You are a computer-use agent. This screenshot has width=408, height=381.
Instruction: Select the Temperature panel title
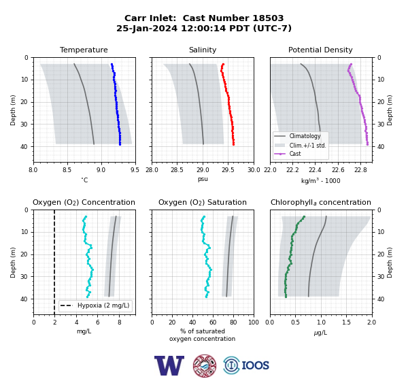click(84, 50)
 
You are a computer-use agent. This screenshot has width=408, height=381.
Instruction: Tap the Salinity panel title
click(203, 50)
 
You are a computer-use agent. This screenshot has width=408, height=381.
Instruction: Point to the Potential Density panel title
click(320, 50)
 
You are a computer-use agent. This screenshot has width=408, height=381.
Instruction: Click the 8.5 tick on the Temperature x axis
click(67, 170)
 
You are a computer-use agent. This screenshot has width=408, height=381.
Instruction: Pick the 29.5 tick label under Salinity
click(228, 170)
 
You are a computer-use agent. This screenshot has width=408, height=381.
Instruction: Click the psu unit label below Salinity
click(203, 179)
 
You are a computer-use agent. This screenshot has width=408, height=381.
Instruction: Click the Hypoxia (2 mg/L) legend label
click(103, 305)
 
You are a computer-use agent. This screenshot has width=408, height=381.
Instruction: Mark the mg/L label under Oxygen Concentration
click(84, 331)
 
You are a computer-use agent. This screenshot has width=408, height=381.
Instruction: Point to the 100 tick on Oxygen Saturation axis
click(254, 322)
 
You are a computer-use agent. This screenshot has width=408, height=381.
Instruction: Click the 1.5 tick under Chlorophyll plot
click(346, 322)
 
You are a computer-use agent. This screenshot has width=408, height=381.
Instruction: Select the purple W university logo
click(169, 365)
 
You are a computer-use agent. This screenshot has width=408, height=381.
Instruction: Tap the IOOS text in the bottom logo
click(255, 365)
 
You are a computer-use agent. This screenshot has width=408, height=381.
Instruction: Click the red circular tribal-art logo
click(205, 365)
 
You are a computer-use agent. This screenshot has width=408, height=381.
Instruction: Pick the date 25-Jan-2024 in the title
click(147, 28)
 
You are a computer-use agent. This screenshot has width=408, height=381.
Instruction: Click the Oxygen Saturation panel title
click(203, 202)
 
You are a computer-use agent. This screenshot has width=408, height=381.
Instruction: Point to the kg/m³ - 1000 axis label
click(320, 180)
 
